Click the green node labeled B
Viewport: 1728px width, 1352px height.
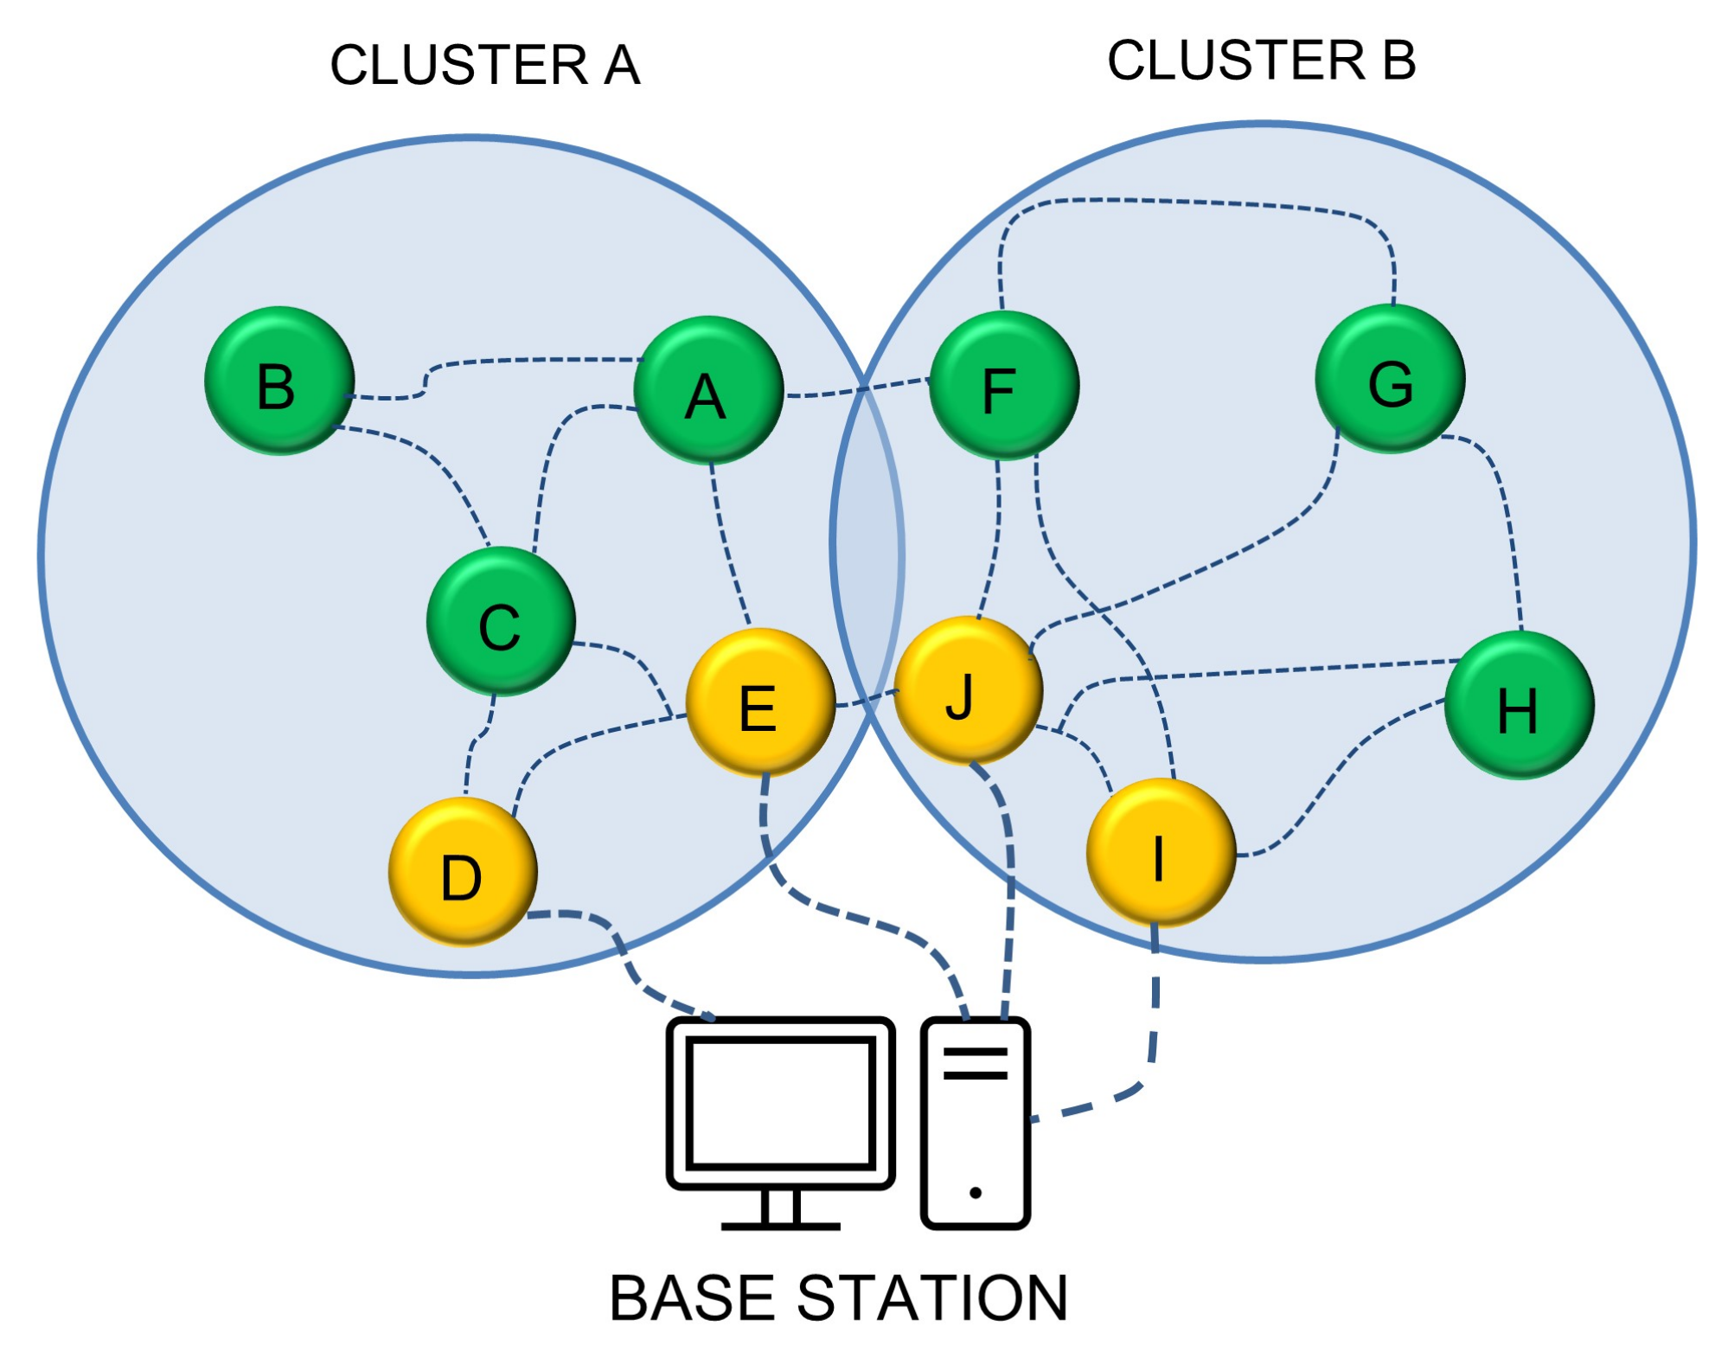click(x=278, y=381)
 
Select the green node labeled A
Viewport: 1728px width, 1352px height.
click(x=707, y=391)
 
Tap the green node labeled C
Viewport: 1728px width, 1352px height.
click(x=500, y=621)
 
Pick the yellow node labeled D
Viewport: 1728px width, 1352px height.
click(x=463, y=871)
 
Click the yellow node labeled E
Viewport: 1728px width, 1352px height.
click(x=759, y=702)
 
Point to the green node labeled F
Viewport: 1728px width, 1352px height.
click(x=1003, y=386)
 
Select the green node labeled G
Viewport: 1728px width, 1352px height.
click(x=1389, y=379)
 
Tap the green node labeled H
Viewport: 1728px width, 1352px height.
click(x=1519, y=705)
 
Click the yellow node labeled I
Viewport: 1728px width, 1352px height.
click(x=1160, y=853)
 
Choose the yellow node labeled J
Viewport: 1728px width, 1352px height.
click(x=967, y=690)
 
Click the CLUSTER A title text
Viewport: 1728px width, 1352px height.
click(x=484, y=66)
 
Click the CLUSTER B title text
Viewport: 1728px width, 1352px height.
click(x=1261, y=61)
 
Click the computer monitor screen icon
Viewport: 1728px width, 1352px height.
click(x=780, y=1103)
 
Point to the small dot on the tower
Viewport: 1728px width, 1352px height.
click(x=975, y=1193)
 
